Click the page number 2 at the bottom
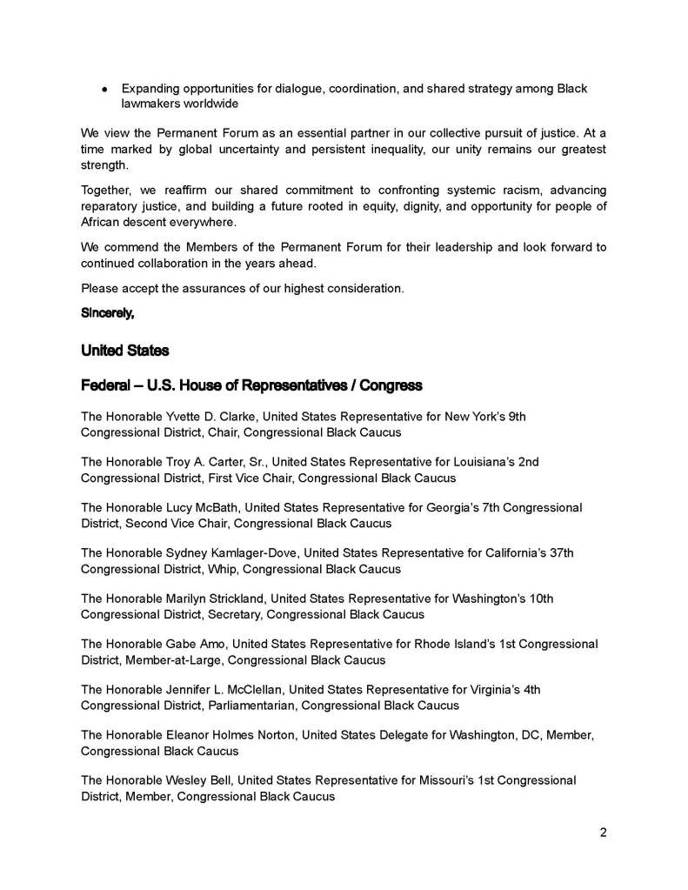coord(603,832)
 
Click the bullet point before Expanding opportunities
coord(104,89)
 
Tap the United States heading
coord(124,351)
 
